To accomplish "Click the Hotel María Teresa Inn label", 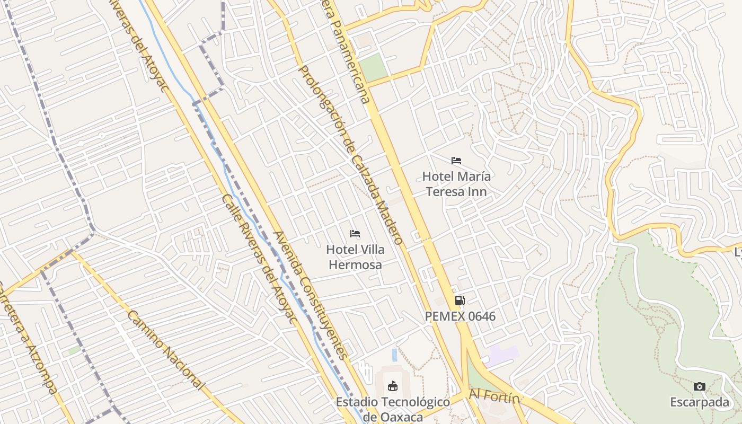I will [456, 184].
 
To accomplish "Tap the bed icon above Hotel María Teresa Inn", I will [456, 161].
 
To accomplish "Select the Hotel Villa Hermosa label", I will [355, 257].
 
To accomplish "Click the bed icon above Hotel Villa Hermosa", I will [355, 234].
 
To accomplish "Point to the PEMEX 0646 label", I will [460, 316].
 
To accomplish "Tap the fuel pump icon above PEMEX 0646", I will [460, 301].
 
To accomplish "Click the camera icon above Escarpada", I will [700, 386].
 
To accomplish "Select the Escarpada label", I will [700, 402].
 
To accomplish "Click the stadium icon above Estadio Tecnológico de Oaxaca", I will [393, 386].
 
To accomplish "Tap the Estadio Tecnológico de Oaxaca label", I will [393, 409].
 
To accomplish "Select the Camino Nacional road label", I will [165, 349].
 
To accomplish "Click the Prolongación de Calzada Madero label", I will [351, 155].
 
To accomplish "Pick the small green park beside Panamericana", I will [373, 68].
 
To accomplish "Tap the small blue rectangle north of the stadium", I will [394, 355].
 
